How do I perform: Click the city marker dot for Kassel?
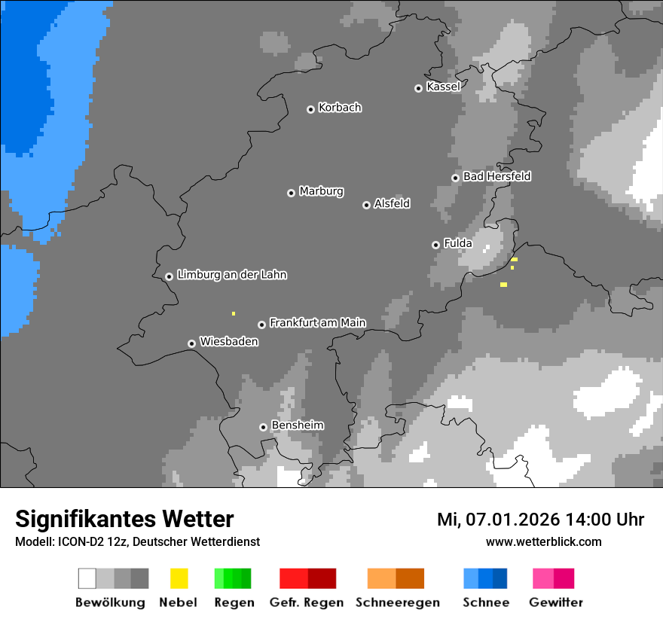pos(418,88)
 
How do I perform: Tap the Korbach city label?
pos(340,108)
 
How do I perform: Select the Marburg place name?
pos(321,191)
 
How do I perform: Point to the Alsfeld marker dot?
pos(366,205)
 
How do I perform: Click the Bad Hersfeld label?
pos(496,176)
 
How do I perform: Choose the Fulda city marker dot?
pos(435,245)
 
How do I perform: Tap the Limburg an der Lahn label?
pos(231,275)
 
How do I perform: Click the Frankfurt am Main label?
pos(317,323)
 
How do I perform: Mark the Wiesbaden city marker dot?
pos(191,343)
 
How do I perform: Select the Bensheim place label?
pos(297,425)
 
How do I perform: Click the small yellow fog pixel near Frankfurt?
pos(234,313)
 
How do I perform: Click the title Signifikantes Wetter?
pos(124,520)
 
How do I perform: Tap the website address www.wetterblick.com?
pos(543,541)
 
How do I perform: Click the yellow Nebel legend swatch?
pos(179,578)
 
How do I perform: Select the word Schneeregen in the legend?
pos(397,602)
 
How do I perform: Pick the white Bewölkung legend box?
pos(87,578)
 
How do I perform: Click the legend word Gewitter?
pos(555,602)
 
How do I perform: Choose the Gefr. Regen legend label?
pos(307,602)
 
